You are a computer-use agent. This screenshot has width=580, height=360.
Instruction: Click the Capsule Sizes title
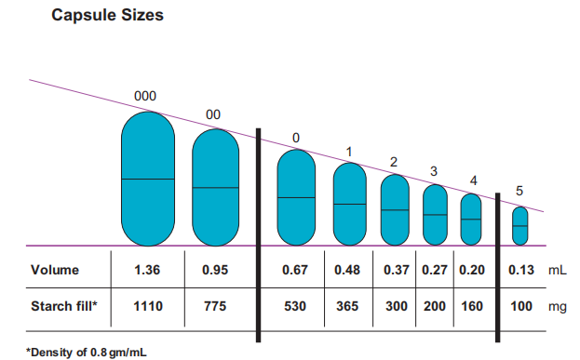[x=107, y=16]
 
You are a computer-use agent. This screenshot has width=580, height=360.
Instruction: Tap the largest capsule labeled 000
[x=148, y=179]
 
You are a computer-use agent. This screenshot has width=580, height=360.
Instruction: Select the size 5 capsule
[x=520, y=226]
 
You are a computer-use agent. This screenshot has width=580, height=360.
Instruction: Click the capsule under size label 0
[x=296, y=197]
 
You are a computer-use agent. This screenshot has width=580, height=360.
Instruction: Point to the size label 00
[x=213, y=114]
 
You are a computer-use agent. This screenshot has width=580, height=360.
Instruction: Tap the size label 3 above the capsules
[x=434, y=171]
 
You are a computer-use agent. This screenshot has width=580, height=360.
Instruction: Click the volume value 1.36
[x=147, y=270]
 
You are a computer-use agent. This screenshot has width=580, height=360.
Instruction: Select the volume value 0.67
[x=295, y=270]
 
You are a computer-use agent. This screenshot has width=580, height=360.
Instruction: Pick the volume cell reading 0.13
[x=521, y=270]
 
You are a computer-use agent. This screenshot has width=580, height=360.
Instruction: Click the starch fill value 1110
[x=148, y=306]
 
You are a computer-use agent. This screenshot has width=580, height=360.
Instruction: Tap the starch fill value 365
[x=347, y=306]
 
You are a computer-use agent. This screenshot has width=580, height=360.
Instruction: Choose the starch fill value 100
[x=521, y=306]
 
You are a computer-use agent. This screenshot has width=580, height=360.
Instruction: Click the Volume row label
[x=55, y=270]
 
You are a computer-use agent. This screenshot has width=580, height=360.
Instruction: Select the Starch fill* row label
[x=64, y=306]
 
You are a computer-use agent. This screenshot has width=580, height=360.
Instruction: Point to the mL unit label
[x=558, y=270]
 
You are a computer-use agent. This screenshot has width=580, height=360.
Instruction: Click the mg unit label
[x=558, y=307]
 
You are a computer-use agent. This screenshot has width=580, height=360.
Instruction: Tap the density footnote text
[x=87, y=353]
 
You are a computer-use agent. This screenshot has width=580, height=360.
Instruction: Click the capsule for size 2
[x=395, y=209]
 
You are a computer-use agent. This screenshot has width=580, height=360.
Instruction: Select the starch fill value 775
[x=215, y=306]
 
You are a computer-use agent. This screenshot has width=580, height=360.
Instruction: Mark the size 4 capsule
[x=471, y=220]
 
